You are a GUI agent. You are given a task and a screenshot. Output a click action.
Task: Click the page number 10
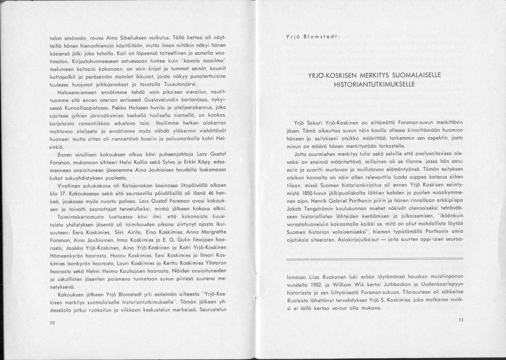coord(52,323)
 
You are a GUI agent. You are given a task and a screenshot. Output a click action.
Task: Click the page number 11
coord(460,319)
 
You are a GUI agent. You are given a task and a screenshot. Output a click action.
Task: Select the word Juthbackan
coord(393,286)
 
